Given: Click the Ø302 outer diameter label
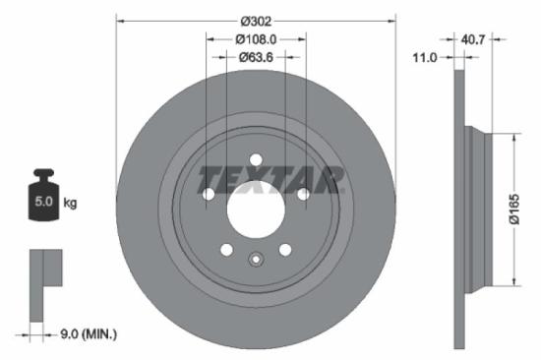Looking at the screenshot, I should [x=256, y=19].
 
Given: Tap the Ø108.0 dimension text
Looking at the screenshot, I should [x=256, y=40].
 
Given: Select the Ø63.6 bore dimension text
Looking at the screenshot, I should [x=256, y=58].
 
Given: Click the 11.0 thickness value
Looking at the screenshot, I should [x=424, y=59].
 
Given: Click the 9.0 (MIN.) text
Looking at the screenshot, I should [x=88, y=335].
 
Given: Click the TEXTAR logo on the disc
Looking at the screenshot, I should [x=270, y=179].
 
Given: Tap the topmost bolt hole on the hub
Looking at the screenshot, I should [x=256, y=159].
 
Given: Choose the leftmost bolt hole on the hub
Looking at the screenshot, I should [x=209, y=194].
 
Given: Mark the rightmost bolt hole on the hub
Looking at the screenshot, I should [x=303, y=194].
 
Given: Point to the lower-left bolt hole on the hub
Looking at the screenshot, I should [x=226, y=250].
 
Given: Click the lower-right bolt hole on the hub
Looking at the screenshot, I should [x=285, y=250].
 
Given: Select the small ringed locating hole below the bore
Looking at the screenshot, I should [x=256, y=261].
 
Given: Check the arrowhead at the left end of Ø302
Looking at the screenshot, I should [x=120, y=19].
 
